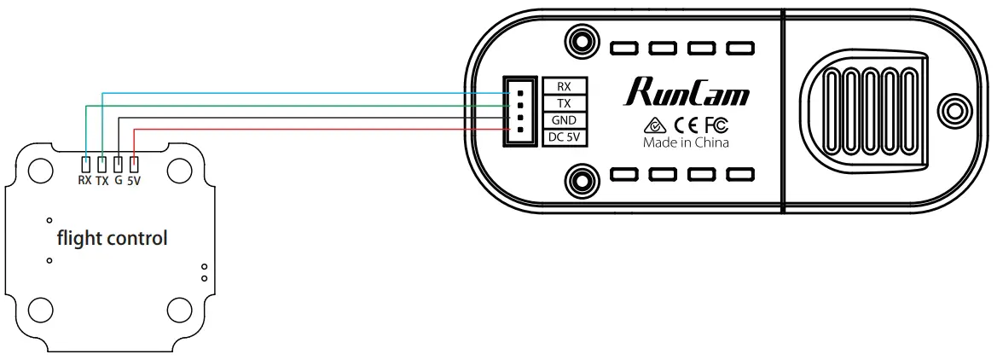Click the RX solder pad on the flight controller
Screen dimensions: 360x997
85,164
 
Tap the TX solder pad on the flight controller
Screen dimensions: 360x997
101,164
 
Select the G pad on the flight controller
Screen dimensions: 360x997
118,164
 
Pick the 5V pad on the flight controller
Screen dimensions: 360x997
134,164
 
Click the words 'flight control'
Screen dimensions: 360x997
112,238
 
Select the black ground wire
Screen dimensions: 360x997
299,117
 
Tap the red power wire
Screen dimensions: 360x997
299,129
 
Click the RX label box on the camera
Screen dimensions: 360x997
564,86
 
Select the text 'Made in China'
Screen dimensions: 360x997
686,143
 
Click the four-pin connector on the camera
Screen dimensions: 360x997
517,111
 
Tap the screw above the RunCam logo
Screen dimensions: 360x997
582,41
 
